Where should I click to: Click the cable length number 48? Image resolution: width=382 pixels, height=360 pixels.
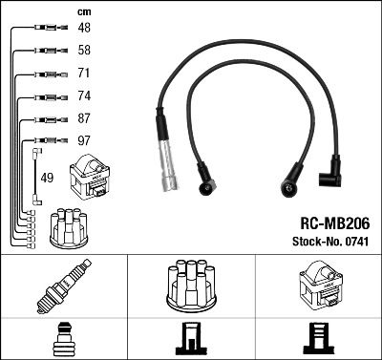coord(84,29)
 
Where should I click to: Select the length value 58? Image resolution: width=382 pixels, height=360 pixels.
coord(84,50)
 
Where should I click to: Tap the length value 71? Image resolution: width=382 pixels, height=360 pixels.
coord(84,73)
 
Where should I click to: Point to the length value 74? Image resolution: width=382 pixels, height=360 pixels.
coord(84,96)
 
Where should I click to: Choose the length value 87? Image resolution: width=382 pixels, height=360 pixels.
coord(84,118)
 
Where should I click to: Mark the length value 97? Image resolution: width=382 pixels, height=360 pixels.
coord(84,141)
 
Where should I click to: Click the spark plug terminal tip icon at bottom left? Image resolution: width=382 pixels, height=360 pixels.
coord(63,339)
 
